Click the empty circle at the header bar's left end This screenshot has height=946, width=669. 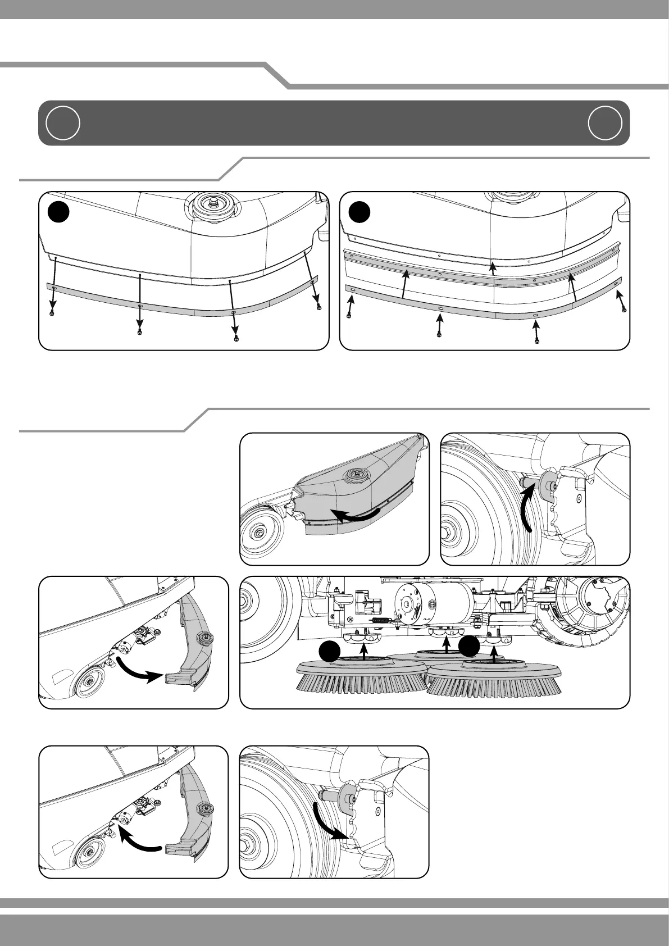(62, 122)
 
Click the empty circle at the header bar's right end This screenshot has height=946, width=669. (606, 122)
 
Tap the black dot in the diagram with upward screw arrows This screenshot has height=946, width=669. (360, 212)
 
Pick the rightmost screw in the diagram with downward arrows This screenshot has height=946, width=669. (319, 307)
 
